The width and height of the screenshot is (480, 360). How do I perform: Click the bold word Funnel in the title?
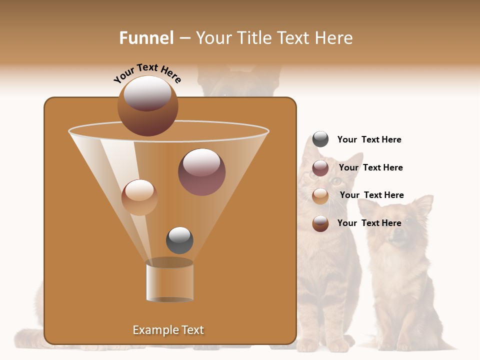[x=146, y=37]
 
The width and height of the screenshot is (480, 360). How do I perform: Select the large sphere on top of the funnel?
[x=147, y=105]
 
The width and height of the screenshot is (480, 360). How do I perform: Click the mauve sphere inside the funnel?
[x=201, y=172]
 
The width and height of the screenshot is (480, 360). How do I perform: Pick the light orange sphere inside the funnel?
[x=139, y=197]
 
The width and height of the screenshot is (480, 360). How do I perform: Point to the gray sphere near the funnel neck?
[x=179, y=240]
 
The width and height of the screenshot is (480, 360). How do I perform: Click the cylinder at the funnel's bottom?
[x=169, y=281]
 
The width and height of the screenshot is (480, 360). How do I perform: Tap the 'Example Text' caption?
[x=168, y=330]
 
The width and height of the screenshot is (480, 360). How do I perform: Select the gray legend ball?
[x=320, y=139]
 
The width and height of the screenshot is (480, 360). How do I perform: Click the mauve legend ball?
[x=320, y=168]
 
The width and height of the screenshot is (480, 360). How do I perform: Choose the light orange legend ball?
[x=320, y=196]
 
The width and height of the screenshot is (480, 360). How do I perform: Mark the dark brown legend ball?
[x=320, y=223]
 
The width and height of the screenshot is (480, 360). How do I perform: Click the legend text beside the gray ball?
[x=369, y=139]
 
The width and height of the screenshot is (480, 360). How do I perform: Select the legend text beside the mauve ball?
[x=370, y=167]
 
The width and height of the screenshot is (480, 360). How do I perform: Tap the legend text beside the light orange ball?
[x=371, y=195]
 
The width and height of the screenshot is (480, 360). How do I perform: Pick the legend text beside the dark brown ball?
[x=369, y=223]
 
